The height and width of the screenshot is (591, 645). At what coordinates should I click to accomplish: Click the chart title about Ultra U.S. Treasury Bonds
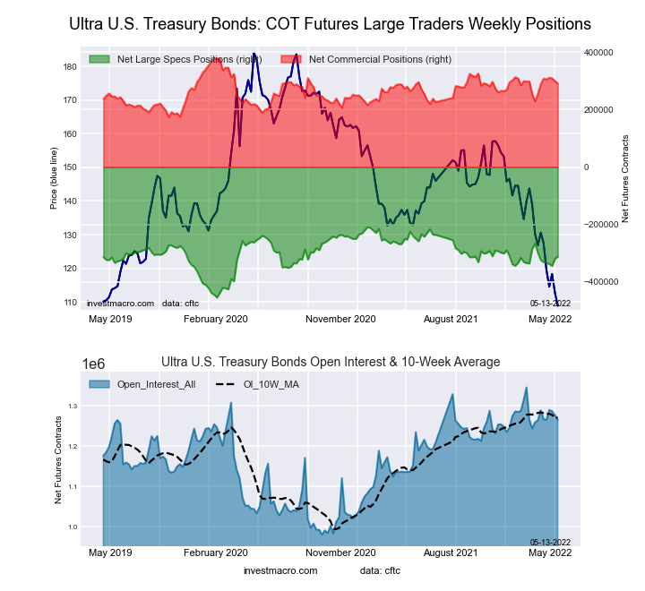pos(330,23)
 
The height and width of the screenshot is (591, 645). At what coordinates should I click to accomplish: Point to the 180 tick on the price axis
pos(70,67)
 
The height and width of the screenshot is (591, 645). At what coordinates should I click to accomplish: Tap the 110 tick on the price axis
pos(70,303)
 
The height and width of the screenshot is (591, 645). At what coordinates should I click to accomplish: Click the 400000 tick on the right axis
pos(598,53)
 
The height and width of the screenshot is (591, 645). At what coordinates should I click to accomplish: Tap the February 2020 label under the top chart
pos(215,318)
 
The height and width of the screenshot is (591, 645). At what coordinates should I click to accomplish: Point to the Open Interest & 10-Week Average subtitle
pos(331,362)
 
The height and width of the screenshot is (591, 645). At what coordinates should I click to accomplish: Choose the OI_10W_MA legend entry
pos(269,384)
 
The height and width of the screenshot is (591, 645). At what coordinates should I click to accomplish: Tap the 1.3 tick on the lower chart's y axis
pos(73,407)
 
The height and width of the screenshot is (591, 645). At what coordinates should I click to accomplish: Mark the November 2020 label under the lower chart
pos(340,553)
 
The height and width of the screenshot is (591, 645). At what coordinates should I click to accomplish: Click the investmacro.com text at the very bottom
pos(280,570)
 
